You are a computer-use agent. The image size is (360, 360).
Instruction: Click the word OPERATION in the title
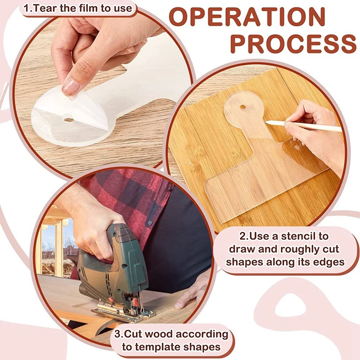248,17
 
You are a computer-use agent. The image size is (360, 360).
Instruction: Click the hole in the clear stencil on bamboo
243,107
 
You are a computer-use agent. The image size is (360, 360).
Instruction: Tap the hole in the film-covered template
69,120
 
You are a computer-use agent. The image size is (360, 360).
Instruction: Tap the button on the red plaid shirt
150,223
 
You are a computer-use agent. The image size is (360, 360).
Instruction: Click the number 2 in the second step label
243,236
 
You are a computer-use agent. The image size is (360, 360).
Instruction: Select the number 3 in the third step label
117,334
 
